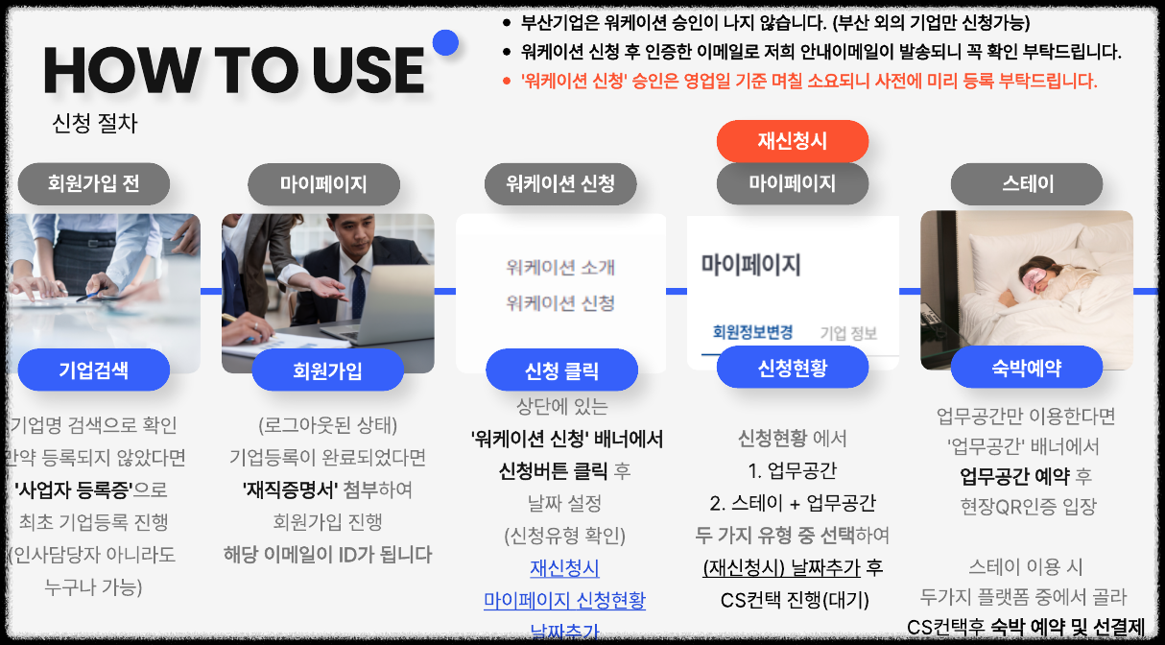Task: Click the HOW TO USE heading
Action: (234, 70)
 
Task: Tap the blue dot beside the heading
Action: (445, 43)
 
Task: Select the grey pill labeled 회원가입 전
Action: (93, 183)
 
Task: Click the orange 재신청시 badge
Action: (792, 141)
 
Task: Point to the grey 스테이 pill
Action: (1027, 183)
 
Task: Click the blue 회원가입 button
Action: (327, 370)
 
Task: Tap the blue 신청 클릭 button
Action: (561, 370)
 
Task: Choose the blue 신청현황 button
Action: (792, 367)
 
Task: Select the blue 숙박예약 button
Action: (1027, 367)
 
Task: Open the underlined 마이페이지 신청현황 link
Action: (564, 601)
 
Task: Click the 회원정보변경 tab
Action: (752, 332)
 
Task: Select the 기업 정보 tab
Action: (848, 333)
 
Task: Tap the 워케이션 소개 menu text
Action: (560, 267)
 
